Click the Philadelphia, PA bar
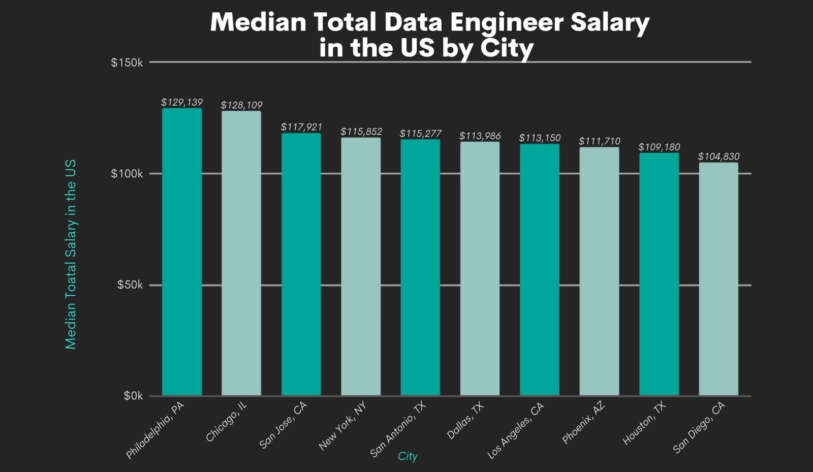coord(182,251)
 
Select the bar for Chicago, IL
coord(241,253)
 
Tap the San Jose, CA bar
coord(301,264)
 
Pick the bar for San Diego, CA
coord(718,279)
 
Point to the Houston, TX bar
coord(659,274)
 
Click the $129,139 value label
coord(182,102)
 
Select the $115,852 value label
coord(361,132)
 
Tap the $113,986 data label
coord(480,136)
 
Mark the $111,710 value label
coord(600,141)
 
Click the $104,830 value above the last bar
coord(718,156)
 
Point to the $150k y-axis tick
coord(127,62)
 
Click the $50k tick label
coord(130,285)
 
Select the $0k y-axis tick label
coord(133,396)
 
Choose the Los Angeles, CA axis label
coord(515,431)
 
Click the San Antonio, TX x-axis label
coord(397,429)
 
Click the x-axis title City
coord(408,456)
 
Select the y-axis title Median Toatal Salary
coord(71,254)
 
